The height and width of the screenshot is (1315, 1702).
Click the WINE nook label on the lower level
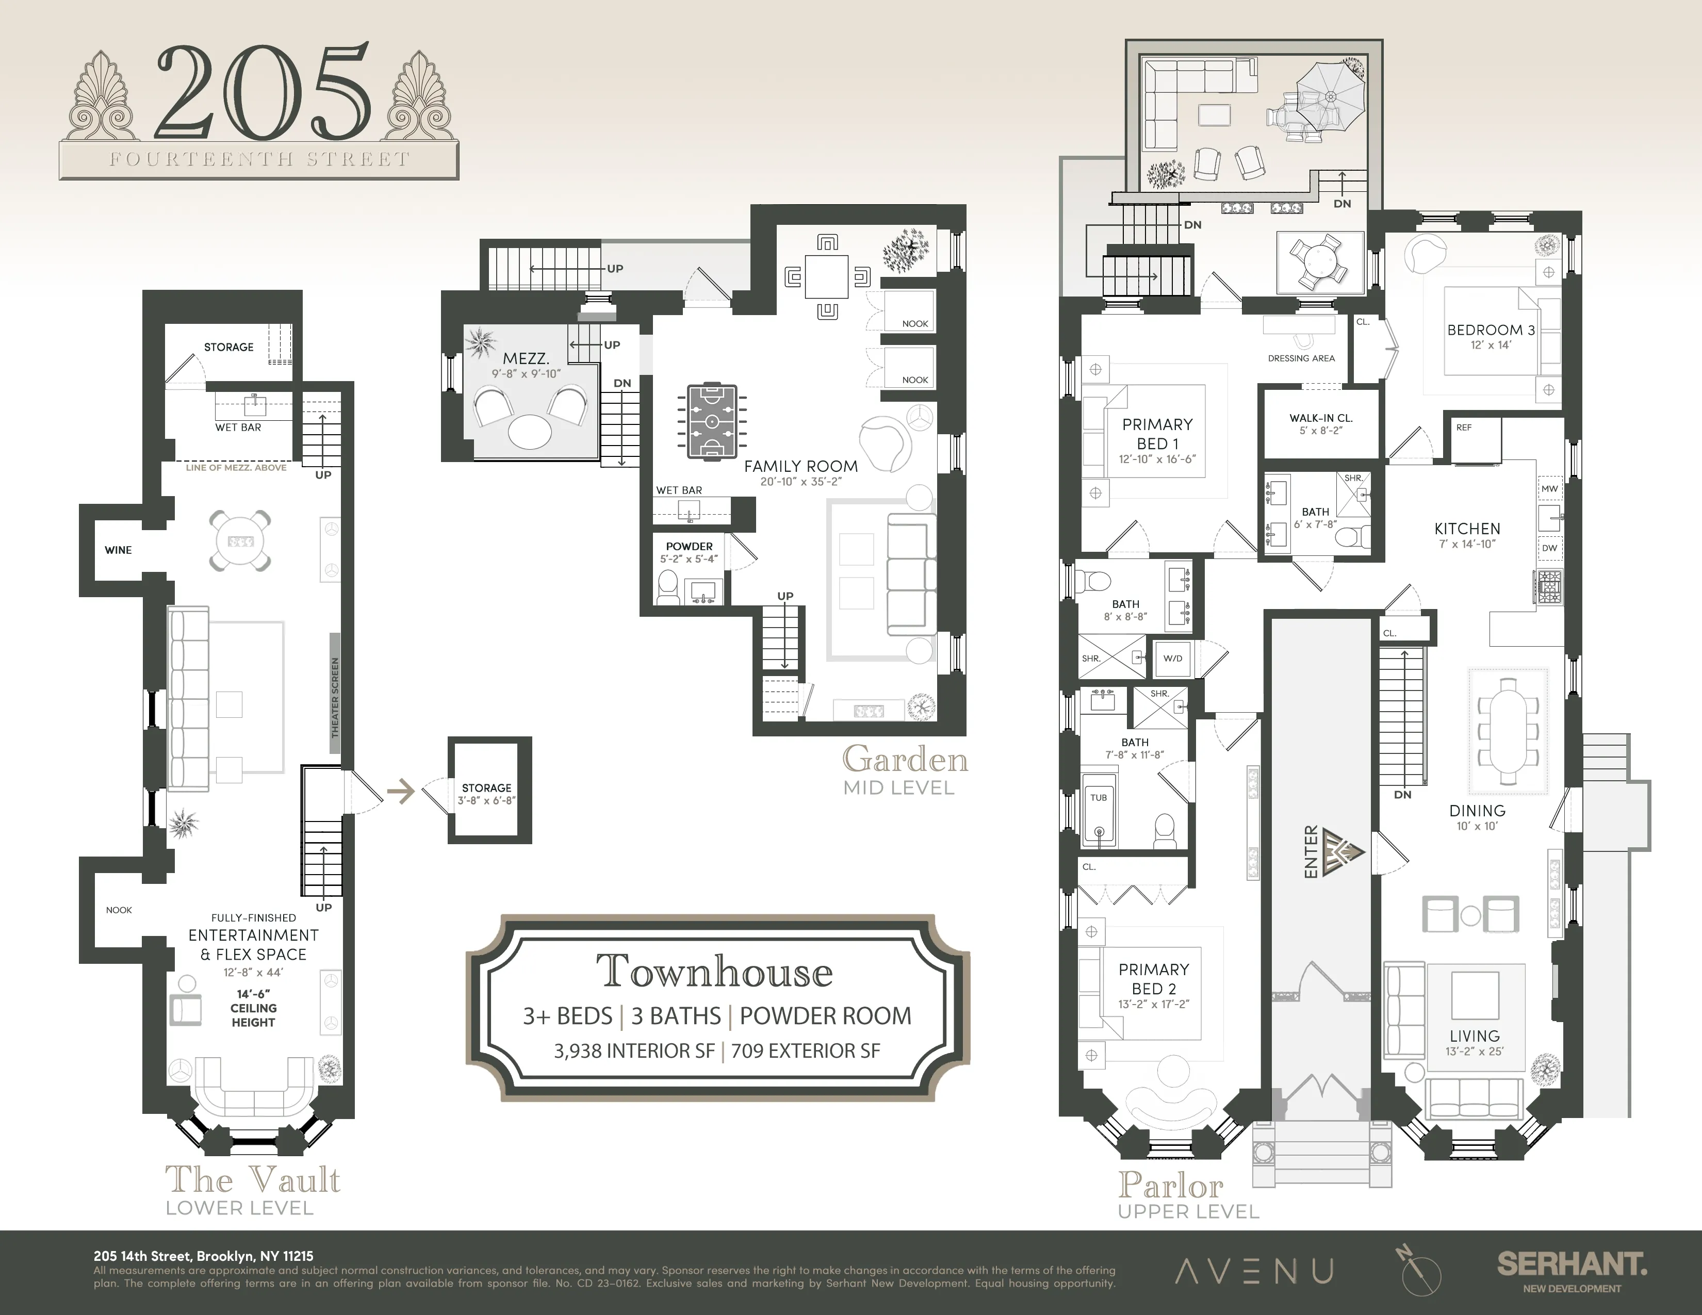119,550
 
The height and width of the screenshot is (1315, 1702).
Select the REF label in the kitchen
1464,428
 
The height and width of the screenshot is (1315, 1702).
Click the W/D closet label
1173,659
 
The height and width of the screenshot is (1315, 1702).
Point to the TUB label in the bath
1099,798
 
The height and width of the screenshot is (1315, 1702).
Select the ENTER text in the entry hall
1311,851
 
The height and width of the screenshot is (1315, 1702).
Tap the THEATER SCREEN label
336,697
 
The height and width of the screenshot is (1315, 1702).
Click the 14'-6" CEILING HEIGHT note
253,1008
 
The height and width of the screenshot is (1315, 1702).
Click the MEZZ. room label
526,359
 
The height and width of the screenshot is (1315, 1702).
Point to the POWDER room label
689,547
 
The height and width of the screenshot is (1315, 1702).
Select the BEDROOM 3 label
1490,331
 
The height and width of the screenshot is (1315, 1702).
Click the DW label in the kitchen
1549,548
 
